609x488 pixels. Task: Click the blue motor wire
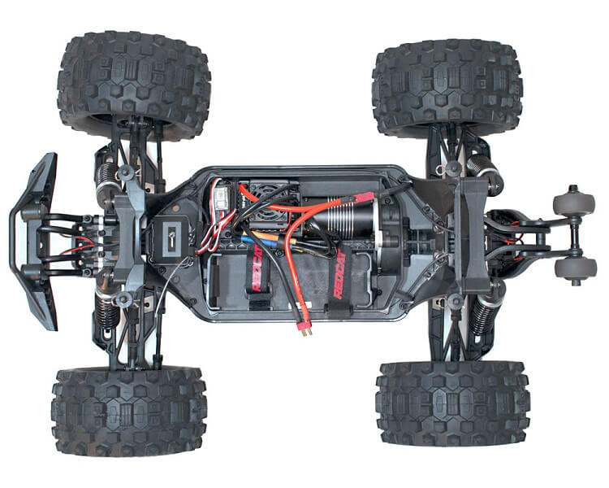tap(248, 239)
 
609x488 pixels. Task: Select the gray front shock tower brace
tap(129, 235)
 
